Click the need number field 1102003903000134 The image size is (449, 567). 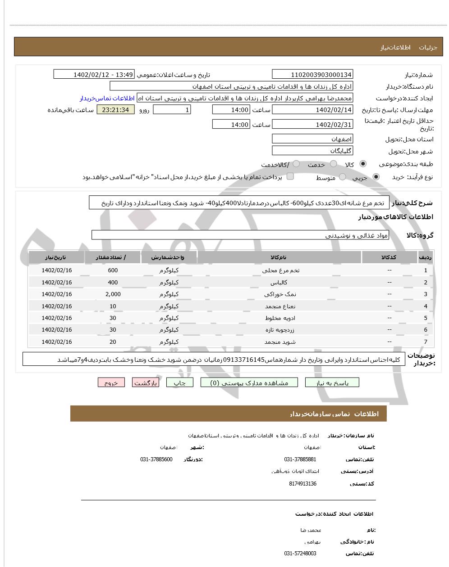312,75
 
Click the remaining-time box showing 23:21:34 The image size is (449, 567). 115,110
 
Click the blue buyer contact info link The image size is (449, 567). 107,98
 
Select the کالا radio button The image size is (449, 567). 363,164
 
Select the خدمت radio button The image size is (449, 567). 334,164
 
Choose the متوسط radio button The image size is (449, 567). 343,177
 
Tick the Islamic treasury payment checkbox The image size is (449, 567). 290,176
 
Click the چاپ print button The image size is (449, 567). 180,383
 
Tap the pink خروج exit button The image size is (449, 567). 111,383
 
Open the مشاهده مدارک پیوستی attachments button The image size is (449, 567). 249,383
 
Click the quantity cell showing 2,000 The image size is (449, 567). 113,294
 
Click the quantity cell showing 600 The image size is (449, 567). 113,270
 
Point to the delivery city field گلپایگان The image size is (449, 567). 312,151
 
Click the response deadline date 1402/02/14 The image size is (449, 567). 312,110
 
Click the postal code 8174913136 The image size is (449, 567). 302,484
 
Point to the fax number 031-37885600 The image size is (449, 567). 156,459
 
